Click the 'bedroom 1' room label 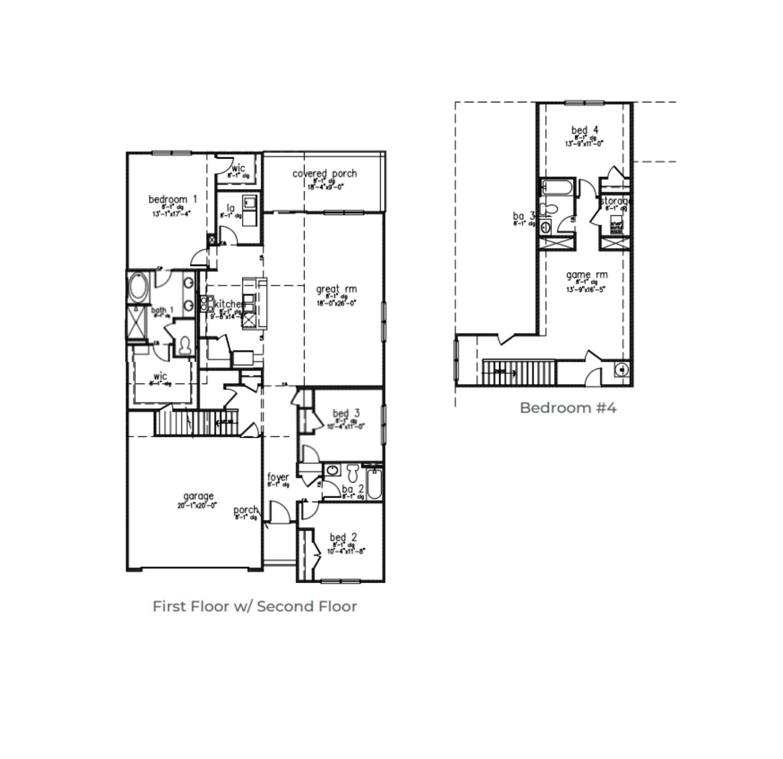click(172, 199)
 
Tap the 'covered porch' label click(324, 173)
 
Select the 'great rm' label click(336, 289)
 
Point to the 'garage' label click(198, 496)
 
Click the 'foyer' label click(278, 477)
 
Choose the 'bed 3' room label click(346, 413)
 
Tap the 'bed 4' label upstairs click(584, 130)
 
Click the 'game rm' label click(586, 275)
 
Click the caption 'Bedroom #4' click(568, 408)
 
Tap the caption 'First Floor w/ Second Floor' click(254, 606)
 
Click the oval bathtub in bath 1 click(137, 287)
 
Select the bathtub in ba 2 click(374, 484)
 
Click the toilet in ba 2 click(353, 473)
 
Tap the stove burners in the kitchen click(207, 303)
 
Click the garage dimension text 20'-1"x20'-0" click(197, 505)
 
